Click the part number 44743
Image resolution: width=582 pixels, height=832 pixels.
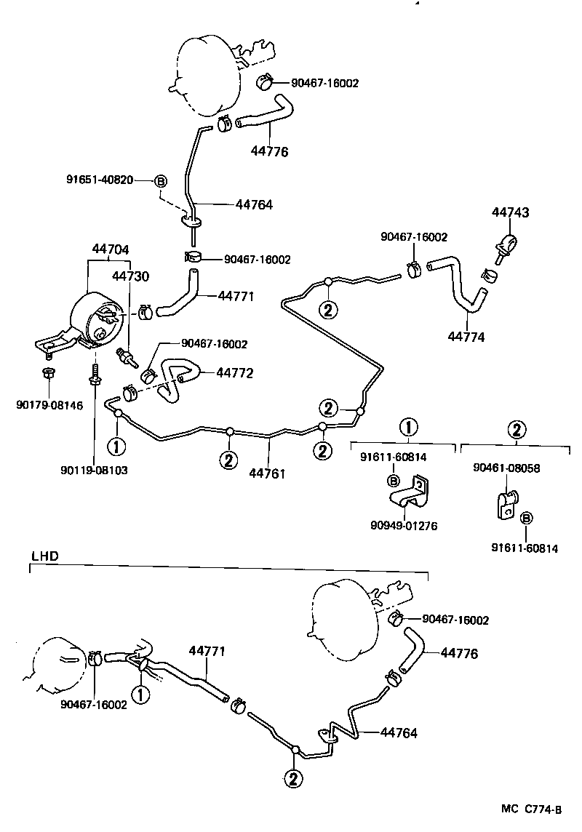[x=510, y=213]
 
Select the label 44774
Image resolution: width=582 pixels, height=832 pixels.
[x=466, y=337]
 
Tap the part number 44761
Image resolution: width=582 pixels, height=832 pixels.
[x=267, y=473]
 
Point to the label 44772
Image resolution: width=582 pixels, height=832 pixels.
[x=234, y=373]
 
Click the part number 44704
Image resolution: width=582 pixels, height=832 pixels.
[x=110, y=249]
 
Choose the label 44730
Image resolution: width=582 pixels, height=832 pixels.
[x=130, y=276]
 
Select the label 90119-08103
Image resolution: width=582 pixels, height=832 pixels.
[x=95, y=470]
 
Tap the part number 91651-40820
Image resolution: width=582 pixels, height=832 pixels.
[x=99, y=180]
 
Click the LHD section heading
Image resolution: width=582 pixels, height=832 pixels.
[x=44, y=556]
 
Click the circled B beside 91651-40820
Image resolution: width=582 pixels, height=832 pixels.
[x=161, y=180]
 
